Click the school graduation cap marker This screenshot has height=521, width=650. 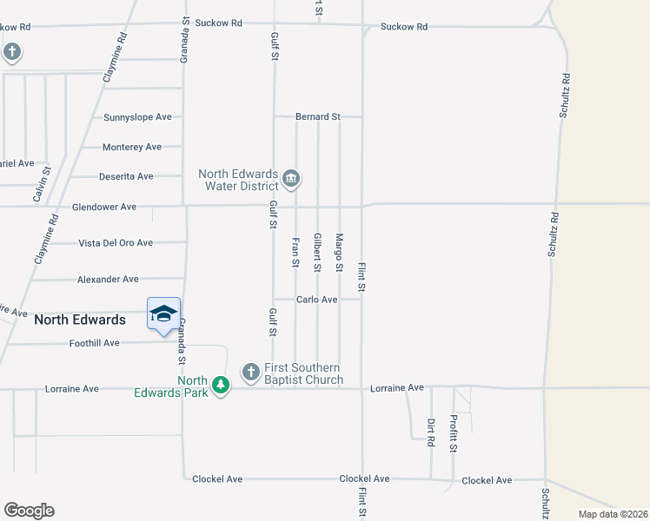click(x=163, y=314)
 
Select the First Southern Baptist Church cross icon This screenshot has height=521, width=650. click(x=250, y=373)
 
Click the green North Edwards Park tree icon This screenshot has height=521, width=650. click(x=221, y=385)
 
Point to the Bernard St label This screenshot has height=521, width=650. click(x=317, y=116)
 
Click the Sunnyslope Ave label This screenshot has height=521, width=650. click(x=137, y=117)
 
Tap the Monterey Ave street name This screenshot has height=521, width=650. click(x=132, y=148)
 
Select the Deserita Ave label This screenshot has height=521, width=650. click(x=125, y=176)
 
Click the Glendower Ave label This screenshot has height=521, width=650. click(x=104, y=207)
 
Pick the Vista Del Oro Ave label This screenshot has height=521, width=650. click(x=116, y=243)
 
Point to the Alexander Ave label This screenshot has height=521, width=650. click(x=108, y=280)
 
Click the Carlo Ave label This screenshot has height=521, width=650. click(x=316, y=300)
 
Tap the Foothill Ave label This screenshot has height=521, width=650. click(x=94, y=343)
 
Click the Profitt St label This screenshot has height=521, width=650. click(x=454, y=434)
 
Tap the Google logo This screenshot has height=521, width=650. click(x=29, y=511)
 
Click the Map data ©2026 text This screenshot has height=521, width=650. click(x=612, y=514)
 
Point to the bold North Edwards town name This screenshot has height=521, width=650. click(x=79, y=320)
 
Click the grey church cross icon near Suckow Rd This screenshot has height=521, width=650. click(x=12, y=53)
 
